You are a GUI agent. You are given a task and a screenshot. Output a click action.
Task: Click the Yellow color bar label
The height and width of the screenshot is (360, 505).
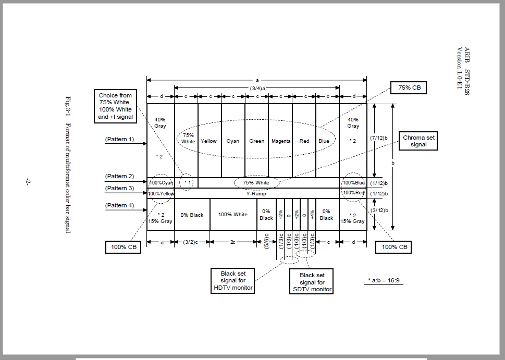click(x=209, y=141)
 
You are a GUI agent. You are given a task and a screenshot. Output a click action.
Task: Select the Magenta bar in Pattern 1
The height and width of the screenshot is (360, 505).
click(x=281, y=141)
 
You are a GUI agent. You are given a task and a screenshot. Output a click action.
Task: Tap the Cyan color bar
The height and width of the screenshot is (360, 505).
click(x=233, y=141)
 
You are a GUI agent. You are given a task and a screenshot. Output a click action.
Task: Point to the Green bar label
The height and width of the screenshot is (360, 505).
click(x=256, y=141)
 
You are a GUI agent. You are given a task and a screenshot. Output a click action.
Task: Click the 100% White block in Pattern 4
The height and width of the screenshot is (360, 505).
click(x=233, y=215)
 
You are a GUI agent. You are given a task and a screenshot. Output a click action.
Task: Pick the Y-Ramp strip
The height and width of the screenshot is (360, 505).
click(x=256, y=193)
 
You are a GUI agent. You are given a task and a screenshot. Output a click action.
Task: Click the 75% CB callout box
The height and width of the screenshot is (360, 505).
click(x=409, y=88)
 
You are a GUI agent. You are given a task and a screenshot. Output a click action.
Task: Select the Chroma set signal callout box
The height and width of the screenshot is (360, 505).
click(x=418, y=141)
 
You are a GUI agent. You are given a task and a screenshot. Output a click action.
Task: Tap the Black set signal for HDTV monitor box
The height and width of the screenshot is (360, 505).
click(x=233, y=281)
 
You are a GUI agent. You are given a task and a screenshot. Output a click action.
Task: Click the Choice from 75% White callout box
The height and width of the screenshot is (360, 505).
click(x=115, y=106)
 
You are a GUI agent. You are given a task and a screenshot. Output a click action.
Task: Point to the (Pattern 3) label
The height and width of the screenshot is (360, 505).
click(x=119, y=188)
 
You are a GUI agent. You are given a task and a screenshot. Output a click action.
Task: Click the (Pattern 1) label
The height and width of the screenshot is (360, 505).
click(x=119, y=140)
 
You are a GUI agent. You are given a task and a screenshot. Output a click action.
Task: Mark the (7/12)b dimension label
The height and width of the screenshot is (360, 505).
click(x=378, y=138)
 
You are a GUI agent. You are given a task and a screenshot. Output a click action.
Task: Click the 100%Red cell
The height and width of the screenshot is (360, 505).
click(x=353, y=193)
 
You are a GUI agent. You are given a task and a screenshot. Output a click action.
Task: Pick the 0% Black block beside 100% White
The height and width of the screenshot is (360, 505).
click(x=192, y=215)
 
